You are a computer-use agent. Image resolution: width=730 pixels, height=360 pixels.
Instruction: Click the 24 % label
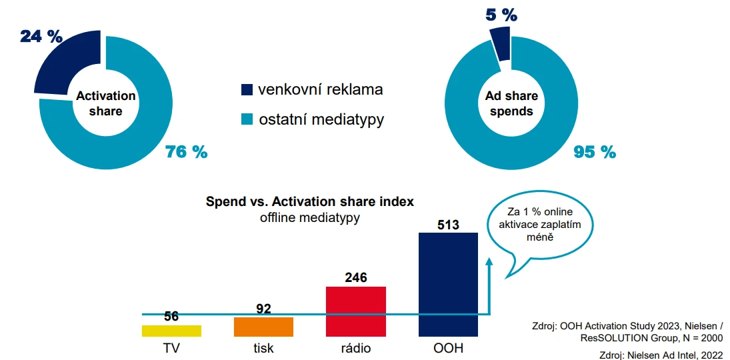(x=41, y=36)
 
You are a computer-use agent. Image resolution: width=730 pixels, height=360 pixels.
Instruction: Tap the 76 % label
(x=187, y=152)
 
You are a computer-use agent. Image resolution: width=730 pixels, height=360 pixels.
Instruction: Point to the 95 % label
(x=595, y=152)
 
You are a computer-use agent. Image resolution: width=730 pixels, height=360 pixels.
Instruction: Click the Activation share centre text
(x=105, y=103)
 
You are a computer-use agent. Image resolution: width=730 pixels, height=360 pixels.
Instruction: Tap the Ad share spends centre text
(x=511, y=104)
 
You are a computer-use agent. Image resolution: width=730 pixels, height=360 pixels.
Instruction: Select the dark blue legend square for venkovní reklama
(x=247, y=89)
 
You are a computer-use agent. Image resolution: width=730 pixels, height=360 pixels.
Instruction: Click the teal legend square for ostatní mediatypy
(x=247, y=119)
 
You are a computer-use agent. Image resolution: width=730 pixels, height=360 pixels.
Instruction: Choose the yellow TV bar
(x=171, y=331)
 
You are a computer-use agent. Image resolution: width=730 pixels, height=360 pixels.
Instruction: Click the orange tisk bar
(x=263, y=327)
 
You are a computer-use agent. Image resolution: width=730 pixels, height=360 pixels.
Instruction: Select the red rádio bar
(x=356, y=311)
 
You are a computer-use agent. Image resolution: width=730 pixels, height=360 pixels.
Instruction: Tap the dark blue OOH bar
(x=448, y=284)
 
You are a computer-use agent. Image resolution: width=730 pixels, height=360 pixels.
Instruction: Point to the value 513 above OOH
(x=448, y=225)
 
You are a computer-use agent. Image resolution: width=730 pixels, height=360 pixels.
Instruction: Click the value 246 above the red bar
(x=356, y=278)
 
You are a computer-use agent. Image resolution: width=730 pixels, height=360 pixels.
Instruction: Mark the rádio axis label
(x=355, y=348)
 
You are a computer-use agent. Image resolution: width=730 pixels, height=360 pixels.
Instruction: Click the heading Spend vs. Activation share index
(x=309, y=201)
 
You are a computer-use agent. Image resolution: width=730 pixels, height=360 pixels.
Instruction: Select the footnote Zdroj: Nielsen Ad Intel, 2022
(x=661, y=355)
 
